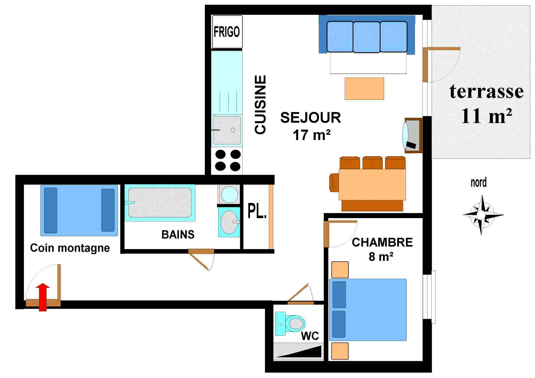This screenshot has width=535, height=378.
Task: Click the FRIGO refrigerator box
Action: pos(227,32)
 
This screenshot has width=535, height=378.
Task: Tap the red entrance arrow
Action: pos(43,297)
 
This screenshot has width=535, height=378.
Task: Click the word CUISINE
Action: pos(260,105)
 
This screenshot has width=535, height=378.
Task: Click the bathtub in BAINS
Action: pos(160,202)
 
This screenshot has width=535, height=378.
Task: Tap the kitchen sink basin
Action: pos(227,130)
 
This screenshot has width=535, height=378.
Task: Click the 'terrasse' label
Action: pos(486,91)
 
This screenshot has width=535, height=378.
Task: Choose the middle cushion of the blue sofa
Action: pos(367,37)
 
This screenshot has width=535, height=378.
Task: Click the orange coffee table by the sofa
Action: pos(364,89)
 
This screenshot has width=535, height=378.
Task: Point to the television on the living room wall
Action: pos(412,135)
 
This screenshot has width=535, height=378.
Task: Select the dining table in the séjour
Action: pos(372,184)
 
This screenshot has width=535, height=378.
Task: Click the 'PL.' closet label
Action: pos(257,211)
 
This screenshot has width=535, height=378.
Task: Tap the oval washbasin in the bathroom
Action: pos(229,222)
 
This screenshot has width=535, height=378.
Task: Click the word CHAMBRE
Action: pos(382,242)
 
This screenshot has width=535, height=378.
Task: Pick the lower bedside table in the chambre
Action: pos(340,351)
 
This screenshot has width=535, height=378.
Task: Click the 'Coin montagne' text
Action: pos(70,248)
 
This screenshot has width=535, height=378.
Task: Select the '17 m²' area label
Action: pos(311,135)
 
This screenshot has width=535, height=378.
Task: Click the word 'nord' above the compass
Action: pos(478,182)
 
